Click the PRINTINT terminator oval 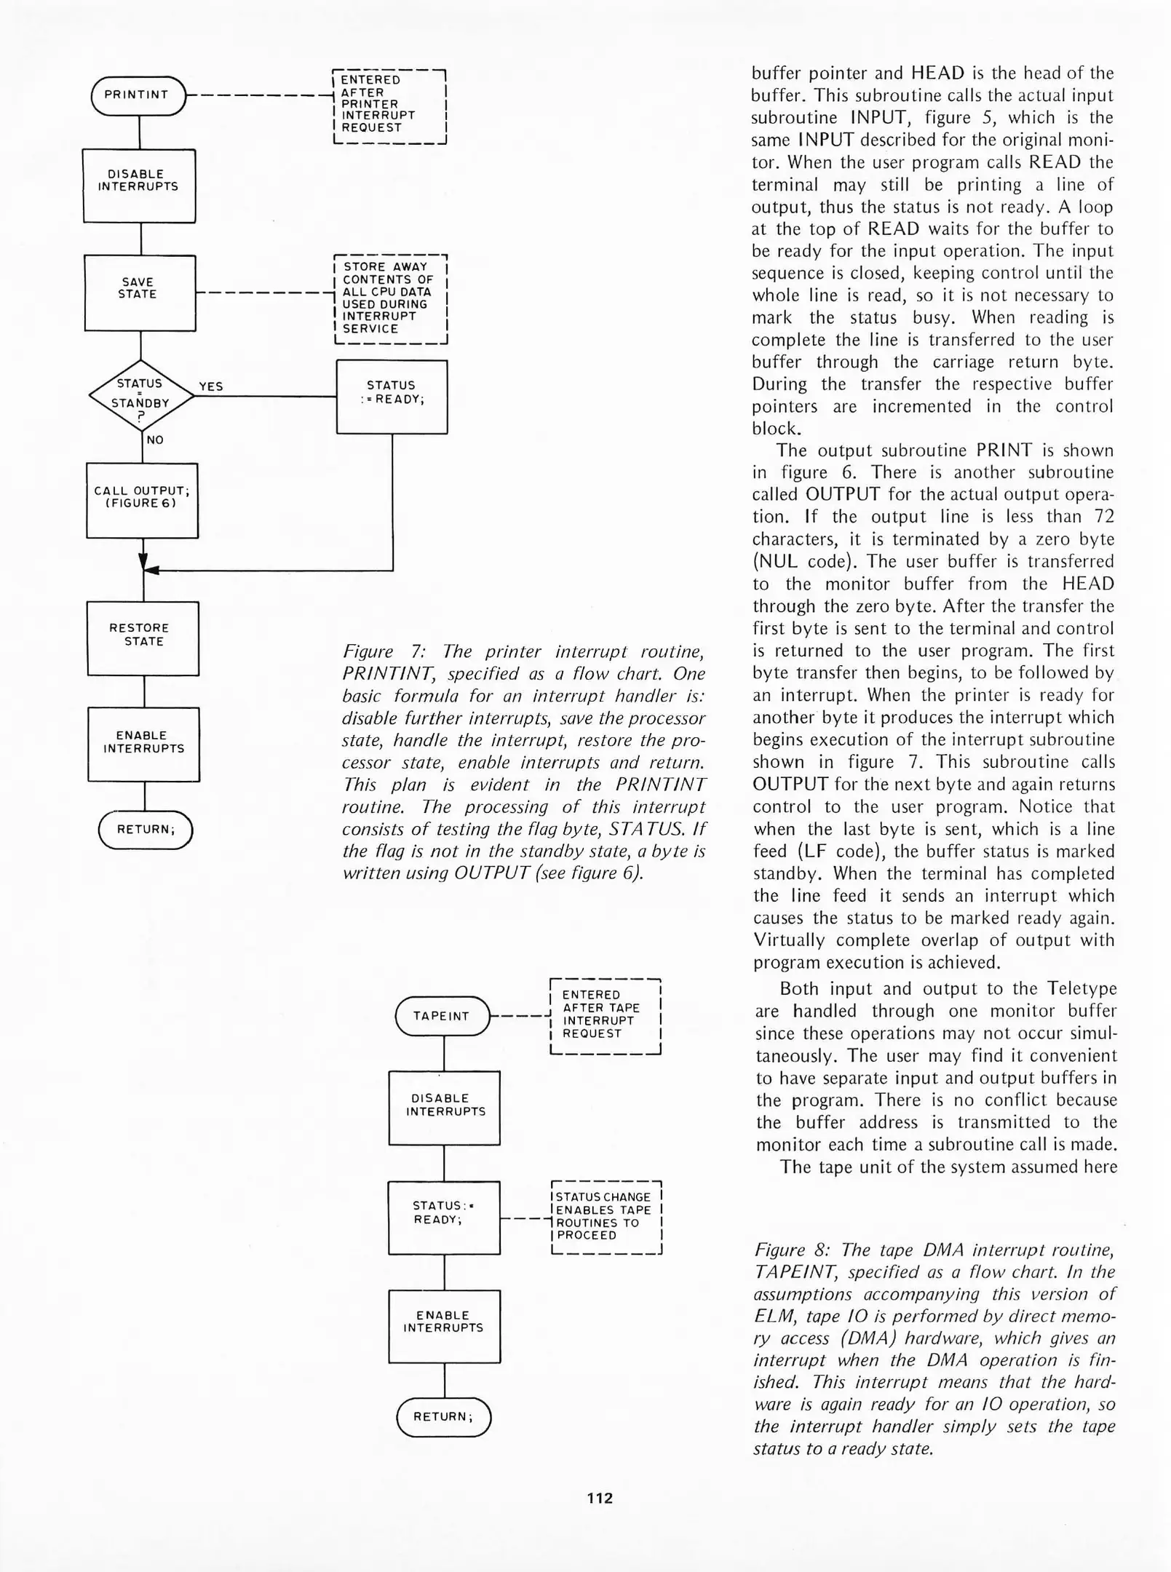click(x=138, y=95)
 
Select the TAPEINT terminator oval click(x=442, y=1016)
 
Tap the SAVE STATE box click(x=140, y=293)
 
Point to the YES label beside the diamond click(x=211, y=386)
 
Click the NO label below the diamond click(x=155, y=440)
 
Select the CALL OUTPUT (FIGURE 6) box click(x=142, y=501)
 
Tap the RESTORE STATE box click(x=143, y=638)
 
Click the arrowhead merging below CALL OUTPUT click(x=143, y=563)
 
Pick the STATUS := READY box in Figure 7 click(x=392, y=397)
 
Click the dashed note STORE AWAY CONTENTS click(x=390, y=298)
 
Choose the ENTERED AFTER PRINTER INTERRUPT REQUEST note click(x=389, y=106)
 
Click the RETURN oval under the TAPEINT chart click(x=443, y=1417)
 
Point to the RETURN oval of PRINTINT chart click(x=146, y=830)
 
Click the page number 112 click(x=600, y=1498)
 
